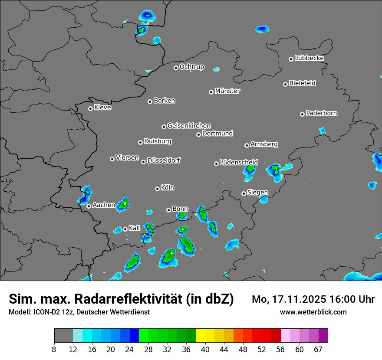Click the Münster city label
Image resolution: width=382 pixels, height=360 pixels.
pos(227,91)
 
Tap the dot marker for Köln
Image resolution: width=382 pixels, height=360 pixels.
pos(157,189)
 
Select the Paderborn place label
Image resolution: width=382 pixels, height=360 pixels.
pos(322,113)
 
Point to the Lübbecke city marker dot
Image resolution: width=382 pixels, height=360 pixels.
pos(291,59)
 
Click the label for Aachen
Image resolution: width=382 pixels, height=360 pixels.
pos(104,205)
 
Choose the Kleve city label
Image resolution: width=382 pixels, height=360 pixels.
pos(103,108)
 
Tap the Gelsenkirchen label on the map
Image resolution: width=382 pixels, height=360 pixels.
pos(189,126)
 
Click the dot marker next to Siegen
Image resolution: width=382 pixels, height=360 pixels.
pos(244,193)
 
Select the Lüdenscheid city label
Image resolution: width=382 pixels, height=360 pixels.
pos(239,163)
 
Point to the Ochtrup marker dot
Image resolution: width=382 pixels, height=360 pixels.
pos(176,68)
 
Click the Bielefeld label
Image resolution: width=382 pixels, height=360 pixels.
pos(303,83)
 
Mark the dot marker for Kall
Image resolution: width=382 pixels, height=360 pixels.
pos(125,229)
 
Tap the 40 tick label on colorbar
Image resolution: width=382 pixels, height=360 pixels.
pos(205,350)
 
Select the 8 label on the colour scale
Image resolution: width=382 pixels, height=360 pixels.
pos(54,350)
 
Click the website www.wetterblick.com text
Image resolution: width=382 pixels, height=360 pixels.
pos(313,312)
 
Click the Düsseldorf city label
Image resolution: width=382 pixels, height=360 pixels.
pos(164,160)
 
